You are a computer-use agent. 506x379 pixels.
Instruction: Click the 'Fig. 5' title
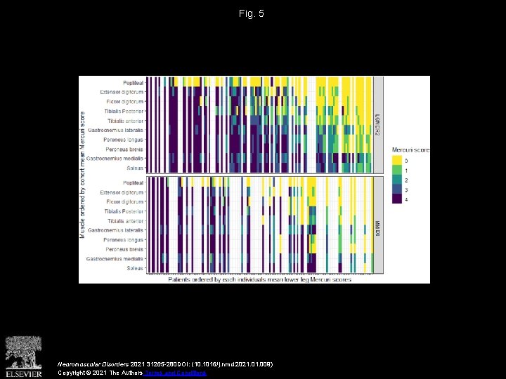(252, 13)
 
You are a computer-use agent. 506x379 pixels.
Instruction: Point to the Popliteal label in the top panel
(133, 82)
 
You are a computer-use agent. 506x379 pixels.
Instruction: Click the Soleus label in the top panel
(134, 168)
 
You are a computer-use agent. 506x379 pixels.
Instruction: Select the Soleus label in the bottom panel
(134, 268)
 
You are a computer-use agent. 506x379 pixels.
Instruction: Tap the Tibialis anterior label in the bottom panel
(124, 221)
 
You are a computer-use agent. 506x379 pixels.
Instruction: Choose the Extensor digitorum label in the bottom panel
(122, 192)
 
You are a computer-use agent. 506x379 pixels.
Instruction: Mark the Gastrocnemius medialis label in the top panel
(115, 159)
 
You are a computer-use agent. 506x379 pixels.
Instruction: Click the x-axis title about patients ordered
(259, 279)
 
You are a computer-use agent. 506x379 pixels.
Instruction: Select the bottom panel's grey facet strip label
(378, 225)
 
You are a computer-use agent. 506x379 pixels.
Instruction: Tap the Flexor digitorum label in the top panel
(124, 101)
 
